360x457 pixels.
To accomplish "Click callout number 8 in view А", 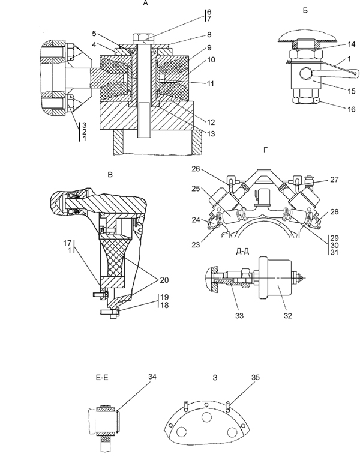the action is click(209, 35).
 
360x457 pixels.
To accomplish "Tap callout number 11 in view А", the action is click(210, 83).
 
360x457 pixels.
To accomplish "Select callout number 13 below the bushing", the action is click(211, 133).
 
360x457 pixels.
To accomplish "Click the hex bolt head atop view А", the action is click(144, 38).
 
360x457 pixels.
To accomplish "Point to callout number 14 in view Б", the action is click(351, 44).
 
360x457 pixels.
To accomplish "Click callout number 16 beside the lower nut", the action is click(351, 109).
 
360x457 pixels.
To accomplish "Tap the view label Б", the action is click(305, 11).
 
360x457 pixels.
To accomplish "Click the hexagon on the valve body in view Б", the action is click(305, 74).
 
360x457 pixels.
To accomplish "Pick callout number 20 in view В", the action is click(164, 280).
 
